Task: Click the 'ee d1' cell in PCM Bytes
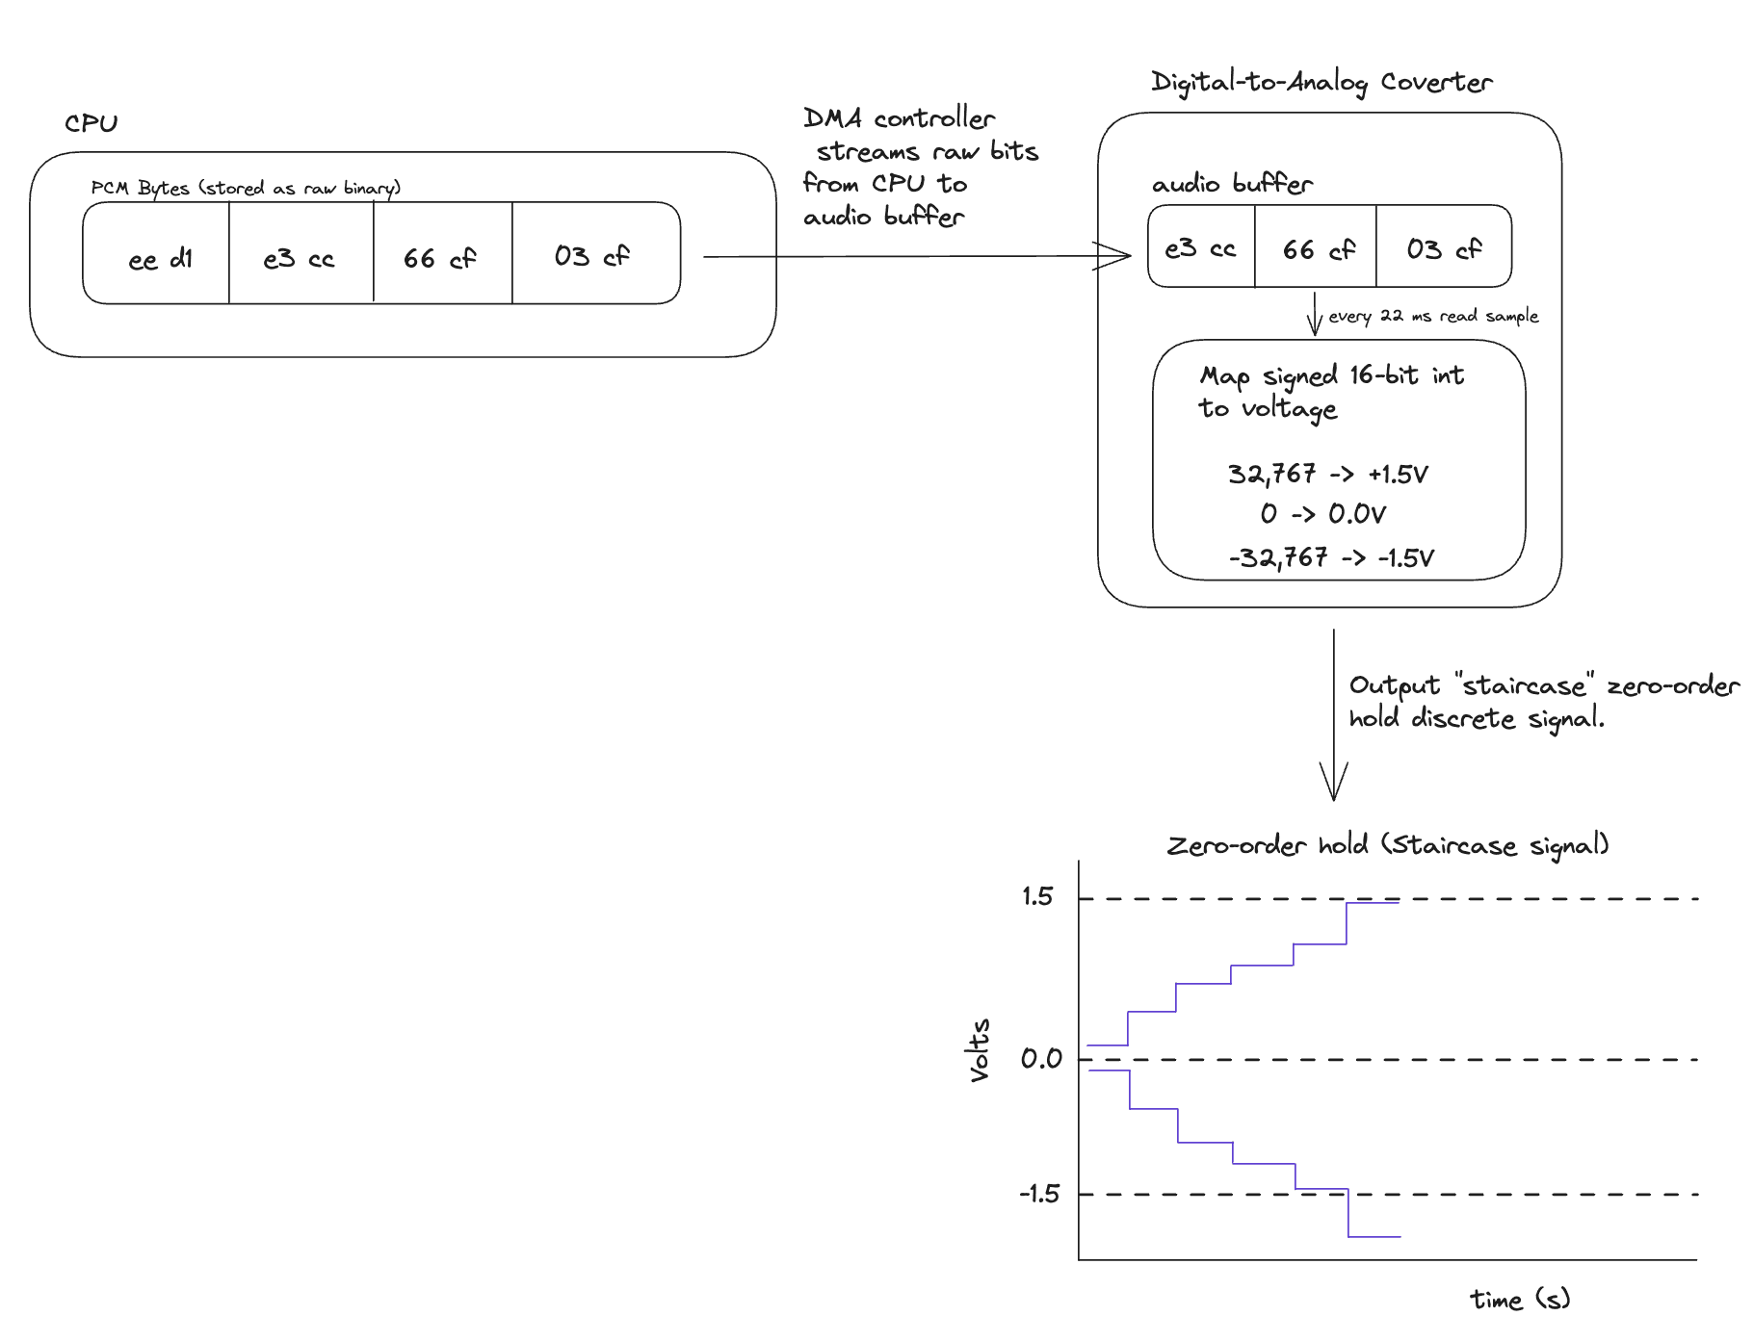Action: coord(159,258)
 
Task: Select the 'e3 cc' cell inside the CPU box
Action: coord(300,258)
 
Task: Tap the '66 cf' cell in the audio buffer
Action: coord(1318,249)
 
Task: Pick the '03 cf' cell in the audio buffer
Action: coord(1444,249)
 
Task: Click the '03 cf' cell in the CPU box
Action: coord(591,256)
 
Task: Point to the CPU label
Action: coord(91,123)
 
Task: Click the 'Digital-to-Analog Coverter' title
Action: coord(1321,83)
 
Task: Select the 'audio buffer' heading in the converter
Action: coord(1232,183)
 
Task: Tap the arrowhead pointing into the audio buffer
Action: coord(1117,256)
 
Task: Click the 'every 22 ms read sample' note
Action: coord(1433,316)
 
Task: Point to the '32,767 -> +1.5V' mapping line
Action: coord(1327,474)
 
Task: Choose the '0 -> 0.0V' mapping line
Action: coord(1322,514)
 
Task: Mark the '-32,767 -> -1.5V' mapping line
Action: coord(1331,557)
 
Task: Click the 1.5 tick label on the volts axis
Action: coord(1037,897)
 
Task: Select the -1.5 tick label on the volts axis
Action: coord(1039,1195)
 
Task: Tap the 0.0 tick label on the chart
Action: coord(1040,1059)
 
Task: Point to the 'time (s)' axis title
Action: coord(1519,1300)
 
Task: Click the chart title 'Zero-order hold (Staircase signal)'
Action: coord(1387,845)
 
